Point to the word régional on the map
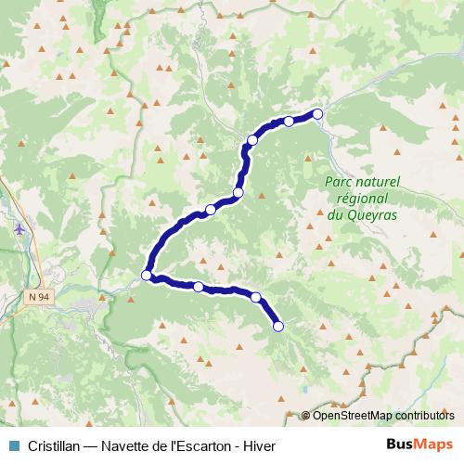[x=361, y=200]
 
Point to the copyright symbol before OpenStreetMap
[x=306, y=416]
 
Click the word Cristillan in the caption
[x=51, y=445]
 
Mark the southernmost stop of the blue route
[x=277, y=326]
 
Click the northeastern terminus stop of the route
[x=318, y=114]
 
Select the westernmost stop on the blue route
[x=146, y=274]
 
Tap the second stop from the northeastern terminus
[x=289, y=122]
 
